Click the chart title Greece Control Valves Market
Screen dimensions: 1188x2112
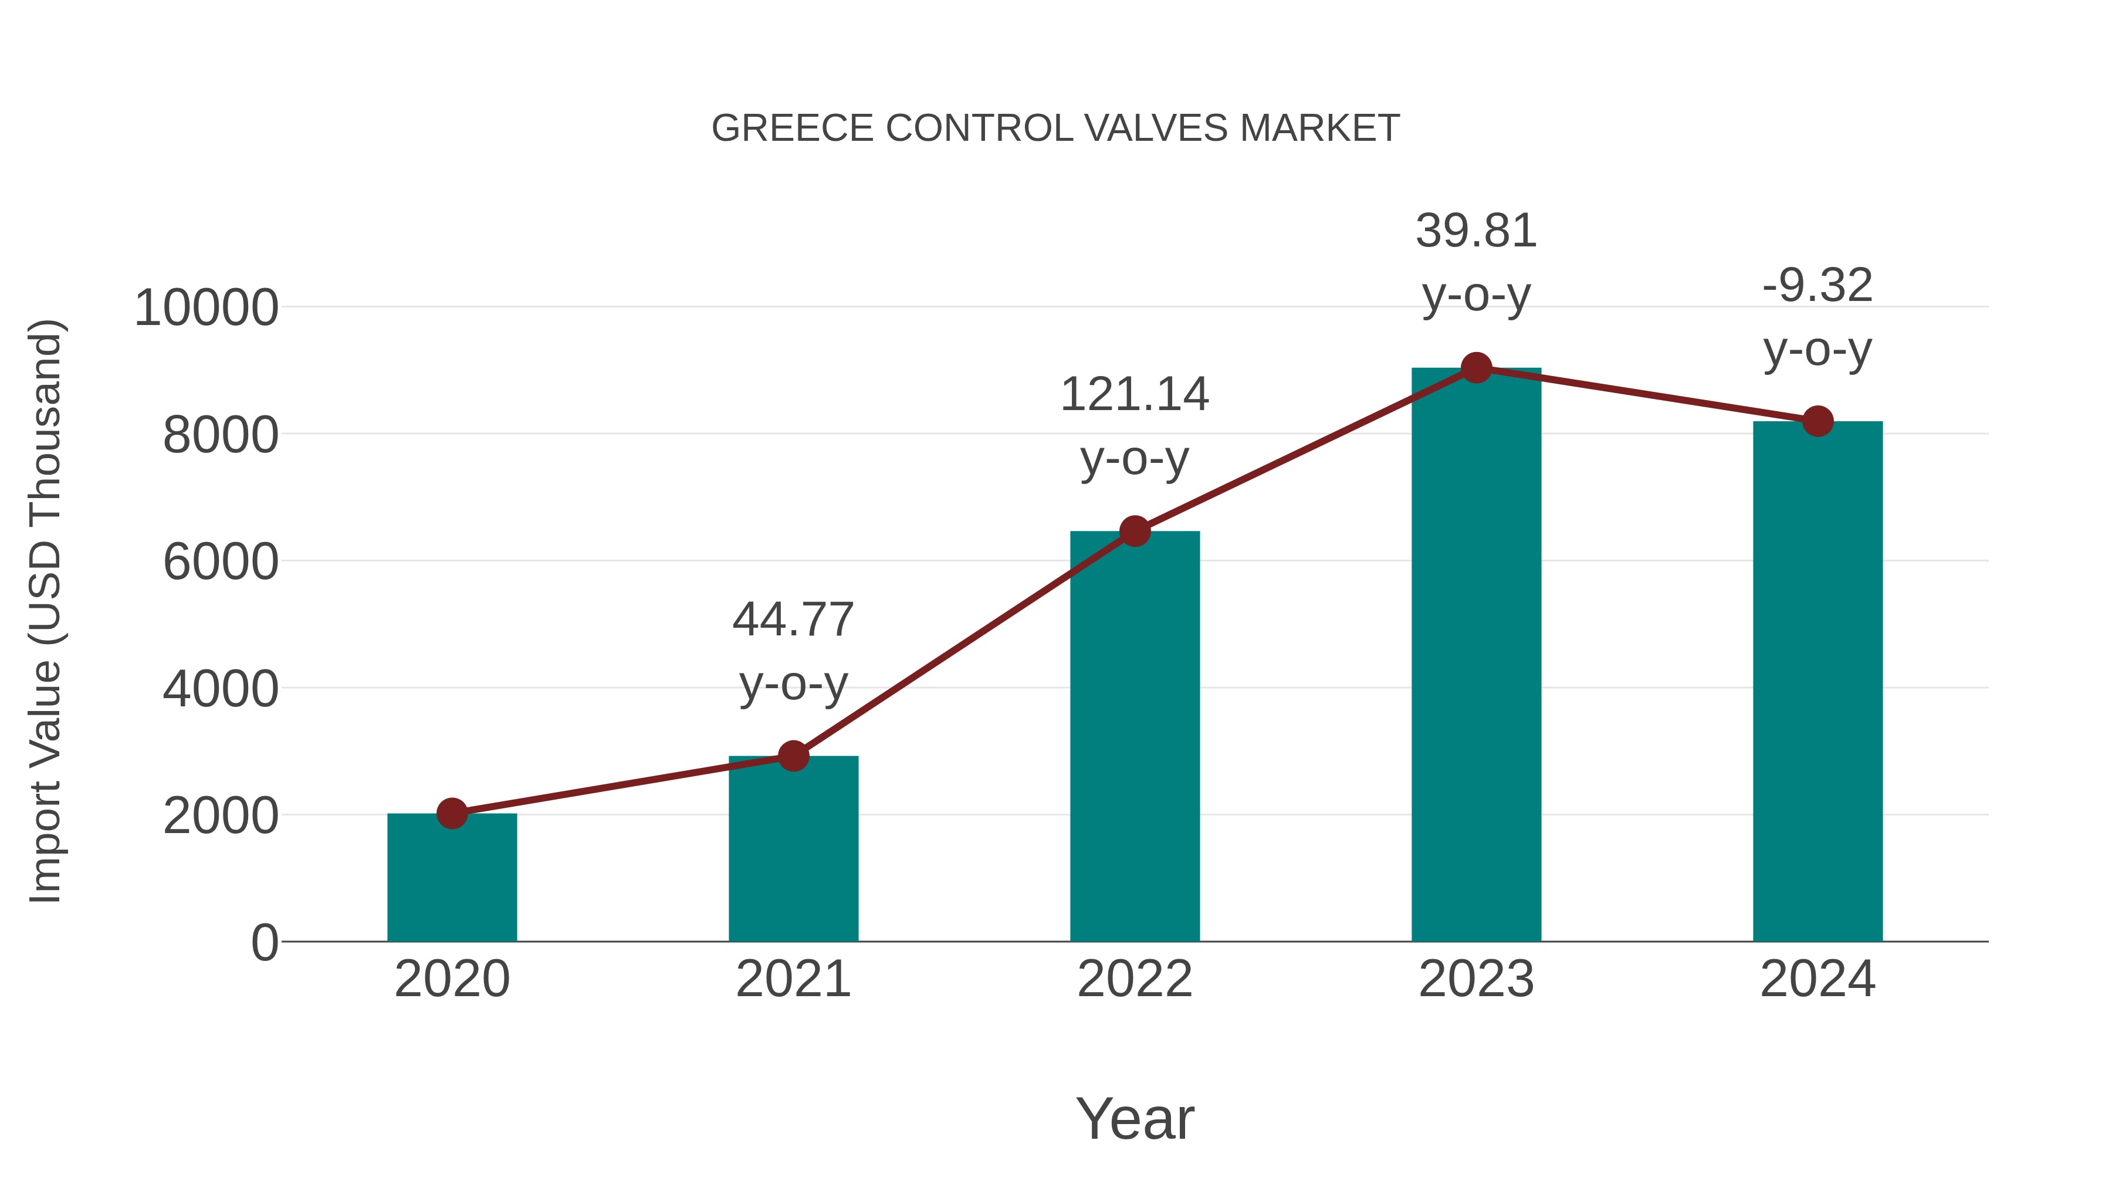pos(1055,128)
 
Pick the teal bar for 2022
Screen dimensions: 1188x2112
pos(1135,738)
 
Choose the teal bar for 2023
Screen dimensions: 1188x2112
pos(1476,656)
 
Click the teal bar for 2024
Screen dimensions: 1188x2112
pos(1817,681)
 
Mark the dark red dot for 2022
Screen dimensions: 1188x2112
pos(1135,532)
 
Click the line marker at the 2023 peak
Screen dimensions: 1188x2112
pos(1476,368)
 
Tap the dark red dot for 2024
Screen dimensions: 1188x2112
pos(1817,421)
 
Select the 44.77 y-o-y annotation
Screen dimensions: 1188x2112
pos(793,651)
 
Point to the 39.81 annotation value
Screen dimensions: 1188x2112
pos(1476,231)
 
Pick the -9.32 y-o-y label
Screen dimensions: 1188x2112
pos(1817,317)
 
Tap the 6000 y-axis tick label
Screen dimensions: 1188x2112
pos(221,563)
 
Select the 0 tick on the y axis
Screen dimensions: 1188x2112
pos(265,942)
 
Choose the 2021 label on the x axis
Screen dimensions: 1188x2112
pos(793,979)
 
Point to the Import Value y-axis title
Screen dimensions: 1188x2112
pos(45,611)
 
